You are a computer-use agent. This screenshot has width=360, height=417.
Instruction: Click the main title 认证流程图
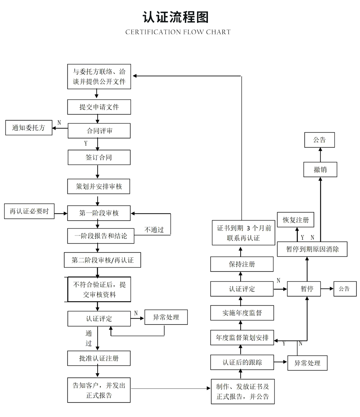pos(176,17)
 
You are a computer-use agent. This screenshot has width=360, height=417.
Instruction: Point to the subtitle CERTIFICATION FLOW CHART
pos(178,32)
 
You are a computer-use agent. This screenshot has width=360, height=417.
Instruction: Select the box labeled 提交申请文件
pos(99,107)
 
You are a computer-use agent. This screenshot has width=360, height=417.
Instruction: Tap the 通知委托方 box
pos(29,128)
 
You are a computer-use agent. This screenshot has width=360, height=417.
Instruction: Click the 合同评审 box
pos(99,131)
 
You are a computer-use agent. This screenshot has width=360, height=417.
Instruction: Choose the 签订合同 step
pos(99,157)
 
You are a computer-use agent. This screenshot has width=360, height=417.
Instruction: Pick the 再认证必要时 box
pos(29,211)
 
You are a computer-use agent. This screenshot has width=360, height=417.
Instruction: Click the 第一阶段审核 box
pos(99,213)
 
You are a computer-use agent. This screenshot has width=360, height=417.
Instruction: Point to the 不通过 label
pos(154,230)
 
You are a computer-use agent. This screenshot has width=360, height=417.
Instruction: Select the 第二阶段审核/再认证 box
pos(102,260)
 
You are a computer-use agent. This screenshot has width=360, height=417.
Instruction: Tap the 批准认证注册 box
pos(99,358)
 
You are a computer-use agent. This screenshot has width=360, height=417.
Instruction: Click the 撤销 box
pos(320,169)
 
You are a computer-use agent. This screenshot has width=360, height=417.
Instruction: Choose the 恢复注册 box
pos(295,220)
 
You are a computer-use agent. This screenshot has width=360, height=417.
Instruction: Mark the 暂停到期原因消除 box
pos(312,249)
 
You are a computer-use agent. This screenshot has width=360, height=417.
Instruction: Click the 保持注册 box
pos(242,264)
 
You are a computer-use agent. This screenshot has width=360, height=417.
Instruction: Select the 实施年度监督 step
pos(242,313)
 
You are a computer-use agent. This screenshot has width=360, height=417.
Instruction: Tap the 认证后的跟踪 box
pos(242,362)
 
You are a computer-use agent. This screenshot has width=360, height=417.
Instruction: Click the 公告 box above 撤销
pos(319,140)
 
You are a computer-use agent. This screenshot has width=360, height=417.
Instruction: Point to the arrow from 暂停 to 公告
pos(327,289)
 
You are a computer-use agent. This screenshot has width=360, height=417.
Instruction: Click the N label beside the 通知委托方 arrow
pos(59,123)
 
